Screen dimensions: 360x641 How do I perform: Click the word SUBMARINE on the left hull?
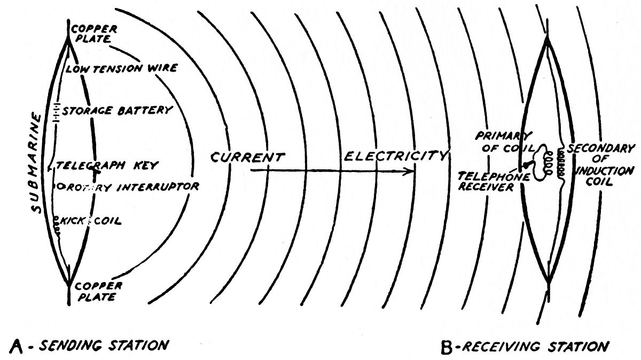point(37,163)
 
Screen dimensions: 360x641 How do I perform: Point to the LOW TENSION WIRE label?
point(121,69)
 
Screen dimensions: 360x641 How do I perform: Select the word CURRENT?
point(247,158)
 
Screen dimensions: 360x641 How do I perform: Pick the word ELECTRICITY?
point(395,156)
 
